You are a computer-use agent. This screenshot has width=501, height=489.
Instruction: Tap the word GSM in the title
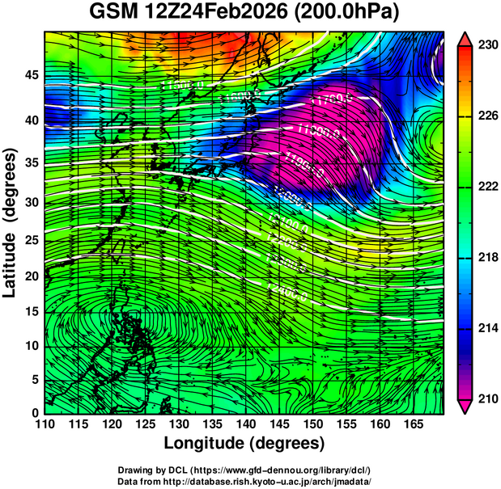tap(113, 14)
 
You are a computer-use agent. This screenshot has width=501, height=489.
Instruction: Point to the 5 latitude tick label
tap(33, 379)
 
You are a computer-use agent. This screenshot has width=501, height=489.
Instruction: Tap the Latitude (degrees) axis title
tap(11, 221)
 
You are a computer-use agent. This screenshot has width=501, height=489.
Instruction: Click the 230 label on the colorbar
tap(486, 46)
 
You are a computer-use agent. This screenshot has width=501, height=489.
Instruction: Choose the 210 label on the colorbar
tap(486, 398)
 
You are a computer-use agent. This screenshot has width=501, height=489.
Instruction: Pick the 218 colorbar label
tap(486, 258)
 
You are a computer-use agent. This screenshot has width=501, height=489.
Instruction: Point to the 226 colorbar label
tap(486, 116)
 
